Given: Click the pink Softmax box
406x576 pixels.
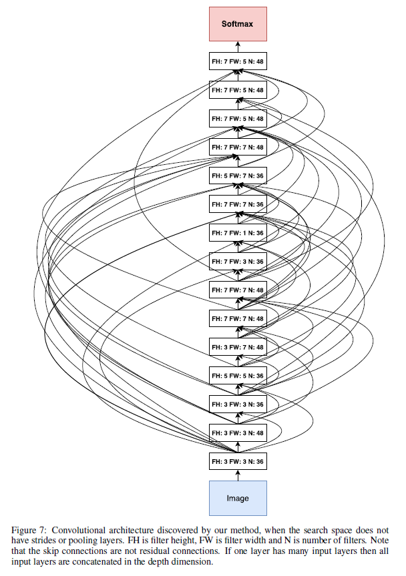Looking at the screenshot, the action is click(238, 24).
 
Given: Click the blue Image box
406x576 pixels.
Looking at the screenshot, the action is click(238, 498).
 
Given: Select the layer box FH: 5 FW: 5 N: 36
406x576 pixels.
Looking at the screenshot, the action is click(238, 376).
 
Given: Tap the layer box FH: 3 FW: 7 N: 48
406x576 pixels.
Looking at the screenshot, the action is click(238, 347).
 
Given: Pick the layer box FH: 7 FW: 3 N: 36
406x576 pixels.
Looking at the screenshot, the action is click(238, 262).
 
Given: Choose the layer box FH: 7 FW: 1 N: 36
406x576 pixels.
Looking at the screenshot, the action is click(238, 233).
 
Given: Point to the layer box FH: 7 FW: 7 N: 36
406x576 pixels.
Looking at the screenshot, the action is click(238, 204).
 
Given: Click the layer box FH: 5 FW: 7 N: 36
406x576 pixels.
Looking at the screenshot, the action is click(238, 176).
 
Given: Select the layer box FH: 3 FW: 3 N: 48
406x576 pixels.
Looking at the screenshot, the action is click(238, 433).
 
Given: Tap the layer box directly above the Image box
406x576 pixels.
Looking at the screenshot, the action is click(238, 461).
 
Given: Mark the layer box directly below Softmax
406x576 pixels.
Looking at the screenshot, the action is click(238, 61).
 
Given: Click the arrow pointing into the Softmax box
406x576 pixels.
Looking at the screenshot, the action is click(238, 47).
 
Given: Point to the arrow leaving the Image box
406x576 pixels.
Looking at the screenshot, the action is click(238, 475).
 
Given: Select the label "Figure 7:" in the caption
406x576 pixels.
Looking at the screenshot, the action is click(29, 531).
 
